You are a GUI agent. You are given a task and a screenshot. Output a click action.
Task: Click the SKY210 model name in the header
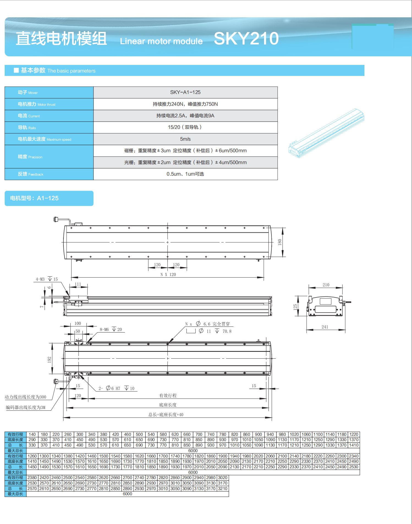(x=246, y=39)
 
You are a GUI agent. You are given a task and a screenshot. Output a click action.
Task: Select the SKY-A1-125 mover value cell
(x=185, y=92)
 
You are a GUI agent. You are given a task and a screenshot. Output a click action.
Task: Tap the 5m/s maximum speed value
(x=185, y=139)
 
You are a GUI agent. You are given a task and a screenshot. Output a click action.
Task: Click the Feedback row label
(x=31, y=174)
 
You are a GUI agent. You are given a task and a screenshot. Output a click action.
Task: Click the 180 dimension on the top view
(x=280, y=242)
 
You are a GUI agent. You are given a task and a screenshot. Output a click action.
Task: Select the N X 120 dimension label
(x=168, y=275)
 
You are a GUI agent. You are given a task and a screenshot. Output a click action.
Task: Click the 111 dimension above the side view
(x=78, y=284)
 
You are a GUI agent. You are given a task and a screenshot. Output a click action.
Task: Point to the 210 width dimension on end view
(x=326, y=285)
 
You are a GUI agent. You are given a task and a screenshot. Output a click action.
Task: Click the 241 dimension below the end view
(x=325, y=327)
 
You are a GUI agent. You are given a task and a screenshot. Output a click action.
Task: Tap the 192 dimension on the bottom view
(x=50, y=360)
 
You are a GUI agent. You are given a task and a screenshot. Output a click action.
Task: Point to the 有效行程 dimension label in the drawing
(x=168, y=396)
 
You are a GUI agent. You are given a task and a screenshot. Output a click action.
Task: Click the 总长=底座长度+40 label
(x=166, y=415)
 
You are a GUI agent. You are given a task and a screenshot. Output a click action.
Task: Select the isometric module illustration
(x=326, y=133)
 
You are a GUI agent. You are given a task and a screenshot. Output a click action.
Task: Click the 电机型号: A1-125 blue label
(x=49, y=198)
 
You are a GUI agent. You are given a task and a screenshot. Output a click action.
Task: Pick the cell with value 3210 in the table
(x=223, y=489)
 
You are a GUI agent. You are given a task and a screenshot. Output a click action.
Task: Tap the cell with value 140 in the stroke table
(x=32, y=434)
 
